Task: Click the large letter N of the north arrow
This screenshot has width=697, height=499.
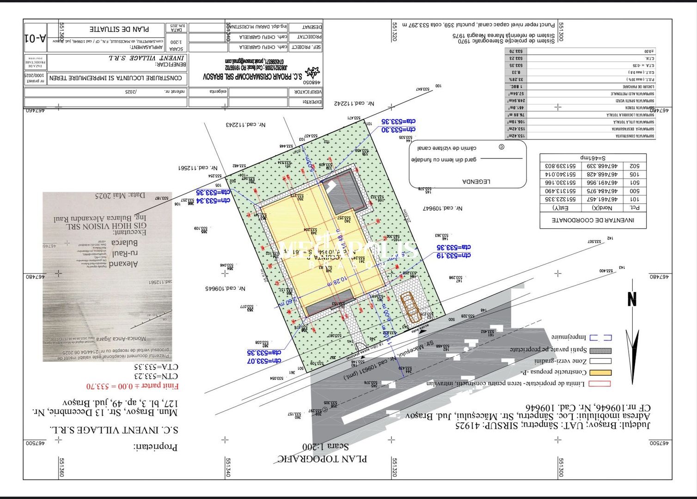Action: [x=632, y=299]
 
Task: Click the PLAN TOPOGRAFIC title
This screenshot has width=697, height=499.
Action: [x=322, y=458]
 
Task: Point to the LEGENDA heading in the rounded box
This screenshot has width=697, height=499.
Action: [x=476, y=182]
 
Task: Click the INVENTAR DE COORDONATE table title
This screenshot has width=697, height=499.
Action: [x=593, y=220]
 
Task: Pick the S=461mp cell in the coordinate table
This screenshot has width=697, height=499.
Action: [x=593, y=158]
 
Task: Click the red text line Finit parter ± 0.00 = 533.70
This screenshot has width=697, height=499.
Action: [x=133, y=385]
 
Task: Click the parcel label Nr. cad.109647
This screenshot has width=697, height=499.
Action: [x=442, y=208]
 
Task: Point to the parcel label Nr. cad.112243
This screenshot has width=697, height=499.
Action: [x=246, y=125]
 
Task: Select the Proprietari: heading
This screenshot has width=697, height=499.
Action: [x=156, y=447]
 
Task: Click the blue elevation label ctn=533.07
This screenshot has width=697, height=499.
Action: [x=264, y=361]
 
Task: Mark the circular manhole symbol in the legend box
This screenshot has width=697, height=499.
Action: [x=501, y=147]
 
